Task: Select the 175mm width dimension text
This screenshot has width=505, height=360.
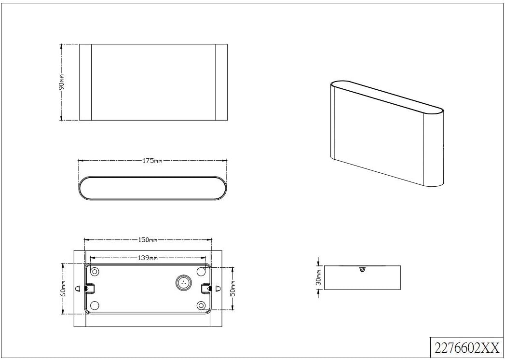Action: (x=153, y=161)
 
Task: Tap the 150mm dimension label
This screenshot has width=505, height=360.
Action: (x=148, y=240)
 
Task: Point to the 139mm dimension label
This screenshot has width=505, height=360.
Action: (x=148, y=258)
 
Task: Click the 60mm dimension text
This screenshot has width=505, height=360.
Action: (x=63, y=289)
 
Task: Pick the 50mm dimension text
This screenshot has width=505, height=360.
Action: (x=233, y=289)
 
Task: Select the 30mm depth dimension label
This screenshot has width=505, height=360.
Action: (x=318, y=278)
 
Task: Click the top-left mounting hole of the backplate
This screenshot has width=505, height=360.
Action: (x=95, y=272)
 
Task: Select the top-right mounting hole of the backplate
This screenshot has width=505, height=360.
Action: (x=201, y=272)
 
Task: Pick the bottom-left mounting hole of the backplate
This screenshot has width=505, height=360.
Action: (x=95, y=305)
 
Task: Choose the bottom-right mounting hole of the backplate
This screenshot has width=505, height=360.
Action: (x=201, y=305)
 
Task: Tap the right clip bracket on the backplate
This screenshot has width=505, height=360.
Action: (x=206, y=289)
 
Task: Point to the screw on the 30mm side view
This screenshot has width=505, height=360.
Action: (x=362, y=270)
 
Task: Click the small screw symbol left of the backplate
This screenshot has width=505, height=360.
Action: (x=78, y=289)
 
